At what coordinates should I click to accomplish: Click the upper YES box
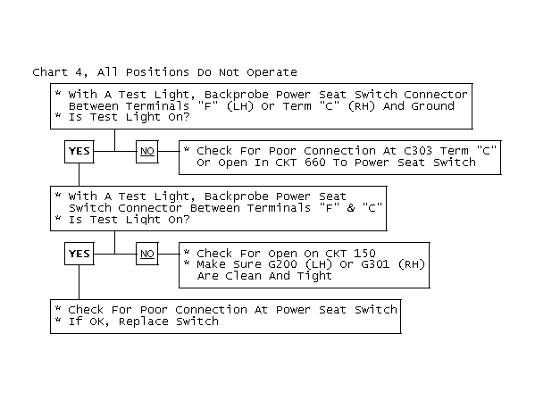click(x=79, y=152)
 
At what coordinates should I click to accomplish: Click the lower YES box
click(x=79, y=254)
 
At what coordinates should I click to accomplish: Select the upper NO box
click(x=147, y=152)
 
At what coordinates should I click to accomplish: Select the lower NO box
click(x=147, y=254)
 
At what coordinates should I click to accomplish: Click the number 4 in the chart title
click(x=79, y=72)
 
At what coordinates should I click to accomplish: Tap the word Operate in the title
click(x=272, y=72)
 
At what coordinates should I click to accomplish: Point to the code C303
click(x=418, y=151)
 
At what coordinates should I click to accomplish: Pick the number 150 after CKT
click(x=364, y=254)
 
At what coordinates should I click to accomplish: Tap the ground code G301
click(x=375, y=264)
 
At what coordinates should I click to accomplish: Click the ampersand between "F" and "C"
click(x=351, y=207)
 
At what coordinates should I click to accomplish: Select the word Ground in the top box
click(x=432, y=105)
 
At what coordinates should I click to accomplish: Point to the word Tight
click(x=314, y=276)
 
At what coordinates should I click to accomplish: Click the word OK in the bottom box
click(x=97, y=322)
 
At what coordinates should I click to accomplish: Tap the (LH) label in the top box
click(x=240, y=105)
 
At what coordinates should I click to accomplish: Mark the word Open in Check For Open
click(x=282, y=254)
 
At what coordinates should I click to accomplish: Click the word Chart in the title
click(x=50, y=72)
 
